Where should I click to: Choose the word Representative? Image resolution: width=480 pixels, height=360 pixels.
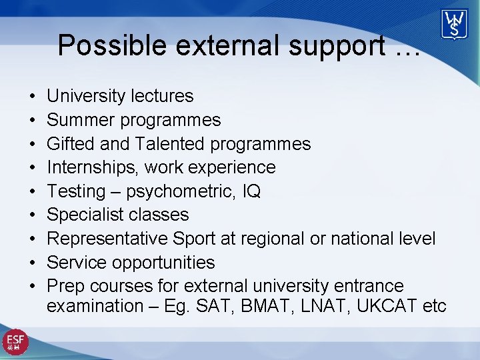click(107, 239)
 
